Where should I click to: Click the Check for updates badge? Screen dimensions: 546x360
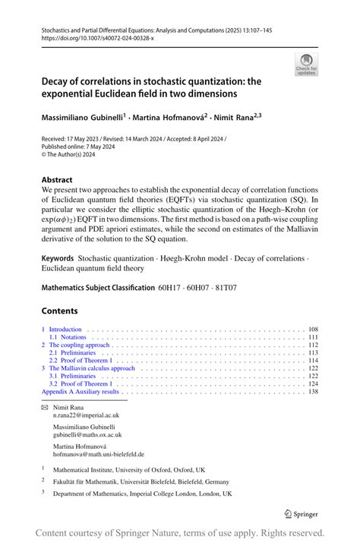pos(306,64)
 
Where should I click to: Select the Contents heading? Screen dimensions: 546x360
pos(59,311)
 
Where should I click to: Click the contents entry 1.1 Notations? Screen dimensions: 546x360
pos(68,337)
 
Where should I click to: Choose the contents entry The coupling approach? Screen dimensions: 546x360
pos(75,345)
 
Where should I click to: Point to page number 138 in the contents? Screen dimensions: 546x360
pos(312,392)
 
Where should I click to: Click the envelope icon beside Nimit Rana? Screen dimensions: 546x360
pos(44,408)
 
